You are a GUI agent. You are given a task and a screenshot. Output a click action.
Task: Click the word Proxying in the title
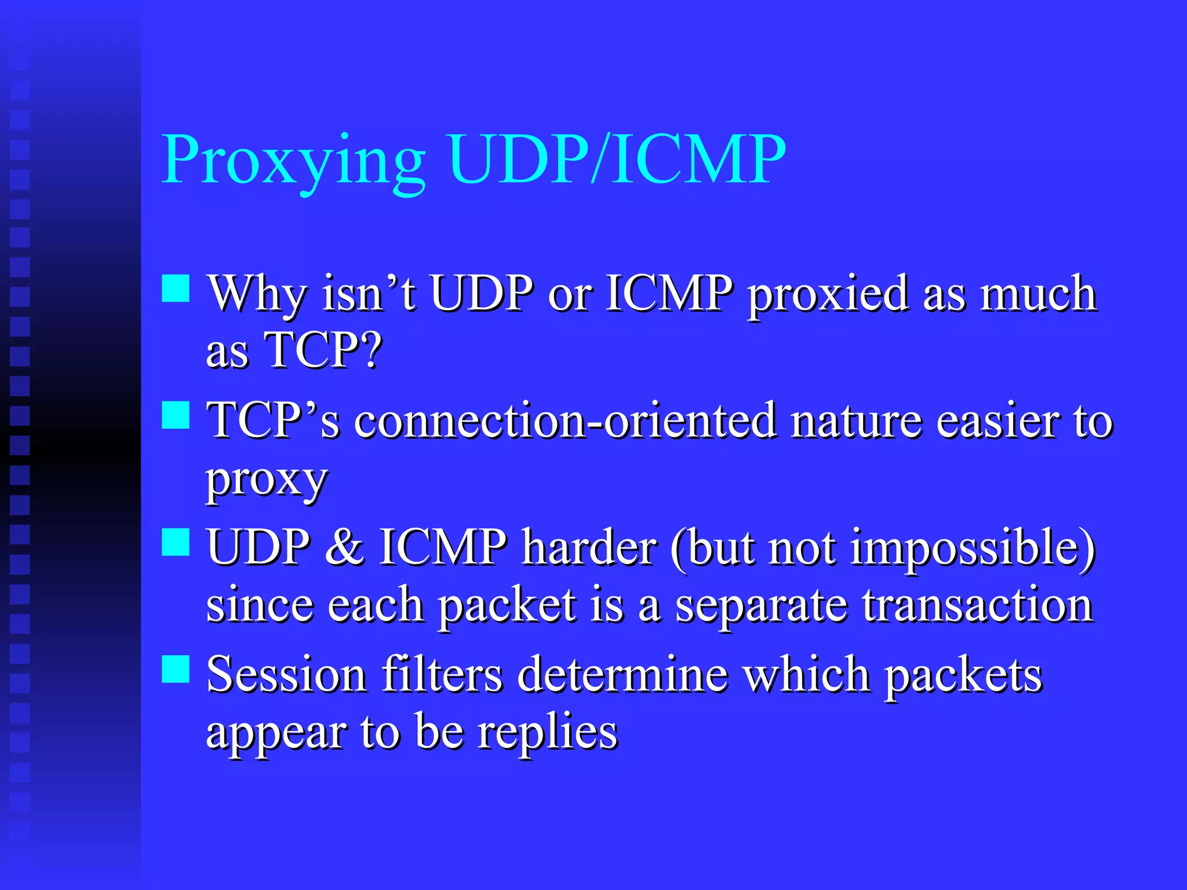293,161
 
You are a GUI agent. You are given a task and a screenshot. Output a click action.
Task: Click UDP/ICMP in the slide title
617,159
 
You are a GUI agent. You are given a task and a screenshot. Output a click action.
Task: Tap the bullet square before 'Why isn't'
176,289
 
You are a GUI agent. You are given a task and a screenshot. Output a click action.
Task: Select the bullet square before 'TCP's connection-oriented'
176,415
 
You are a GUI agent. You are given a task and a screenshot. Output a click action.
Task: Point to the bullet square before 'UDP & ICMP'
176,542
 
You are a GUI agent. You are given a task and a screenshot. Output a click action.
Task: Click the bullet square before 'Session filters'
176,669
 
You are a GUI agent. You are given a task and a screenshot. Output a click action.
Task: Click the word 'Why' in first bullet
257,294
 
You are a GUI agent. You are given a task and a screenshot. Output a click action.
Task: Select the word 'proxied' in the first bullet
828,294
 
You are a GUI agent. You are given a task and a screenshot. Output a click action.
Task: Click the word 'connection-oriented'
565,421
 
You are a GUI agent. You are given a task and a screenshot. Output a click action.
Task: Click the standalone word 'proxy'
267,480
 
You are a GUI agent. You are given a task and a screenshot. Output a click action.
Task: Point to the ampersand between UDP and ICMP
344,547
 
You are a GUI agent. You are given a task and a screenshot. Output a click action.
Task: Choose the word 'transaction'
977,605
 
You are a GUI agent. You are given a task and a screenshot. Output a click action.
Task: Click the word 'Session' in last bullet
286,674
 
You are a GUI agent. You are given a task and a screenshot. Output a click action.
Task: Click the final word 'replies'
547,732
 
